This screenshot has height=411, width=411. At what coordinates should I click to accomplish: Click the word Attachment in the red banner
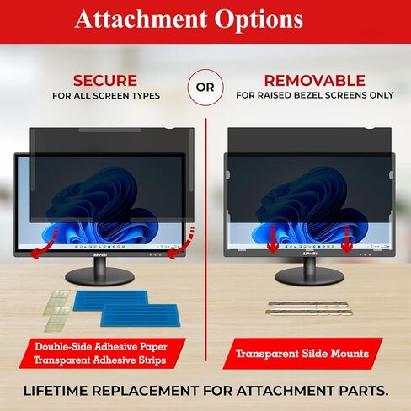141,19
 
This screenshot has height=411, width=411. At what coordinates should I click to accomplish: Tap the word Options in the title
259,20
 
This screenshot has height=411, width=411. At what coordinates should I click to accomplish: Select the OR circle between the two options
205,88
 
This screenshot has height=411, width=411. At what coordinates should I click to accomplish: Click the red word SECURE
105,81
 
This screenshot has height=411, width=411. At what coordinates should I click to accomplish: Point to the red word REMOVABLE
315,81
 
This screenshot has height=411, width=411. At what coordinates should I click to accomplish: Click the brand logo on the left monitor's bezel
99,254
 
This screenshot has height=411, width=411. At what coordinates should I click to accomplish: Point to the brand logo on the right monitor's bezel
309,254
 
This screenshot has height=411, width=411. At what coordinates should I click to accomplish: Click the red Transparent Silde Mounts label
302,354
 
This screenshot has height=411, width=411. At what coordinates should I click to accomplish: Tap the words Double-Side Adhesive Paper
101,346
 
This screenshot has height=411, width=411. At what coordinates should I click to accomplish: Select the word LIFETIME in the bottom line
56,391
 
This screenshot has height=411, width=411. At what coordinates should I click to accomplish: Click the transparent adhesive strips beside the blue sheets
56,311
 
